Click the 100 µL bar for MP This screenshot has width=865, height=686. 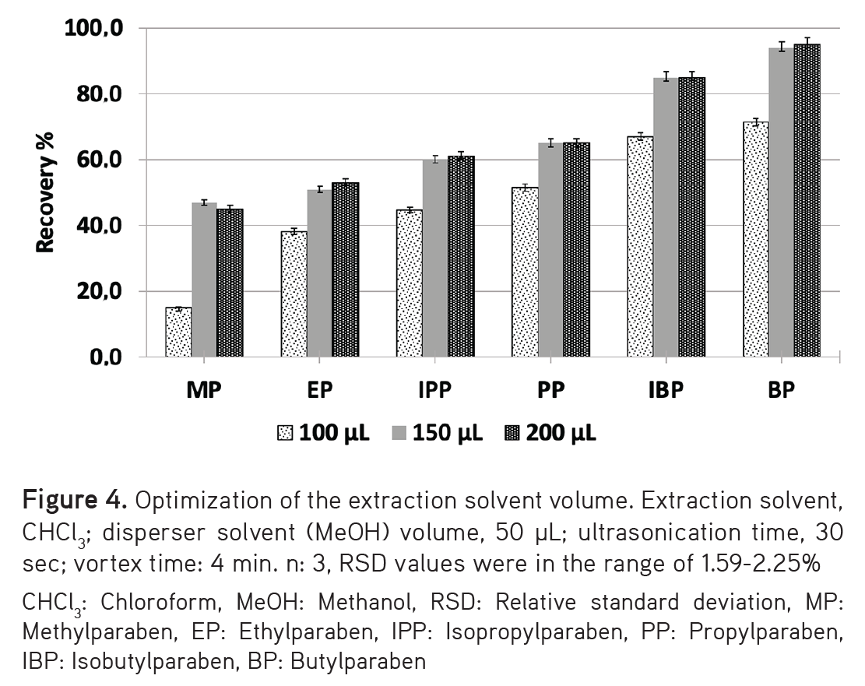[x=178, y=332]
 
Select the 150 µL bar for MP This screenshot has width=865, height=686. [x=204, y=280]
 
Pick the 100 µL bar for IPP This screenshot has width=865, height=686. [x=410, y=283]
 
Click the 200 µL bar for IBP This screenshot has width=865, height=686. [x=691, y=217]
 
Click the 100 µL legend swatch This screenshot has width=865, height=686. [x=285, y=433]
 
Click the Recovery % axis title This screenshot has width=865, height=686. [x=46, y=193]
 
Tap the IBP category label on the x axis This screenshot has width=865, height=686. [x=666, y=391]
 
